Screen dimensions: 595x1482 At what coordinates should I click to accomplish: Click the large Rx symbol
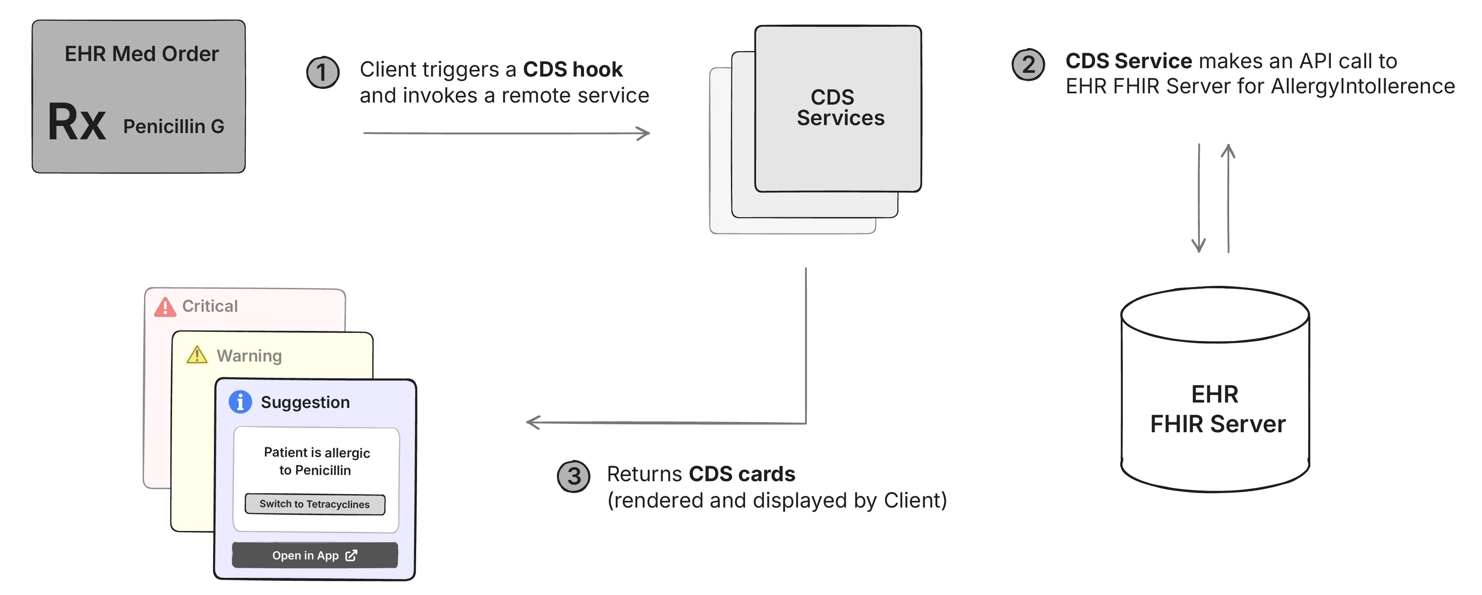pyautogui.click(x=77, y=123)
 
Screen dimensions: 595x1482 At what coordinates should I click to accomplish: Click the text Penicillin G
pyautogui.click(x=173, y=126)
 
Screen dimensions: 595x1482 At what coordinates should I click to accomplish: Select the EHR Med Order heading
pyautogui.click(x=142, y=54)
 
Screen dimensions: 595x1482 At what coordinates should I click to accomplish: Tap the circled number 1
pyautogui.click(x=323, y=72)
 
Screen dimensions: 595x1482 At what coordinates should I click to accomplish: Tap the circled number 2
pyautogui.click(x=1028, y=64)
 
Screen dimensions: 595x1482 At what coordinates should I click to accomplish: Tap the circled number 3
pyautogui.click(x=574, y=476)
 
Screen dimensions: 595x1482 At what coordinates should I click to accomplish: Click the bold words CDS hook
pyautogui.click(x=572, y=69)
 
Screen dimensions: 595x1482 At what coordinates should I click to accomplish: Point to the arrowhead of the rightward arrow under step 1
pyautogui.click(x=645, y=133)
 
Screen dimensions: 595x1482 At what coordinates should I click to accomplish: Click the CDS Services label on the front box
pyautogui.click(x=839, y=108)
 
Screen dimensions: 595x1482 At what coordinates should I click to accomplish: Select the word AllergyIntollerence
pyautogui.click(x=1362, y=86)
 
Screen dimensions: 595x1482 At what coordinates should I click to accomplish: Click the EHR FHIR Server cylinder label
pyautogui.click(x=1217, y=409)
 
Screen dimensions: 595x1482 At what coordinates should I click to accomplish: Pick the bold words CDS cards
pyautogui.click(x=741, y=474)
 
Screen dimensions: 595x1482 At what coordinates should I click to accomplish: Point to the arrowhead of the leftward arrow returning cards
pyautogui.click(x=532, y=423)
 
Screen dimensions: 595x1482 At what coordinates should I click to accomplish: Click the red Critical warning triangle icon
pyautogui.click(x=165, y=308)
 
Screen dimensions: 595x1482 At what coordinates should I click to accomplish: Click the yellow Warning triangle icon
pyautogui.click(x=197, y=355)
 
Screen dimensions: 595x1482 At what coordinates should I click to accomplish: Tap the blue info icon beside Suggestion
pyautogui.click(x=240, y=402)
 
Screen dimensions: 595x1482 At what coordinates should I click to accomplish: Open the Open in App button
pyautogui.click(x=315, y=555)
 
